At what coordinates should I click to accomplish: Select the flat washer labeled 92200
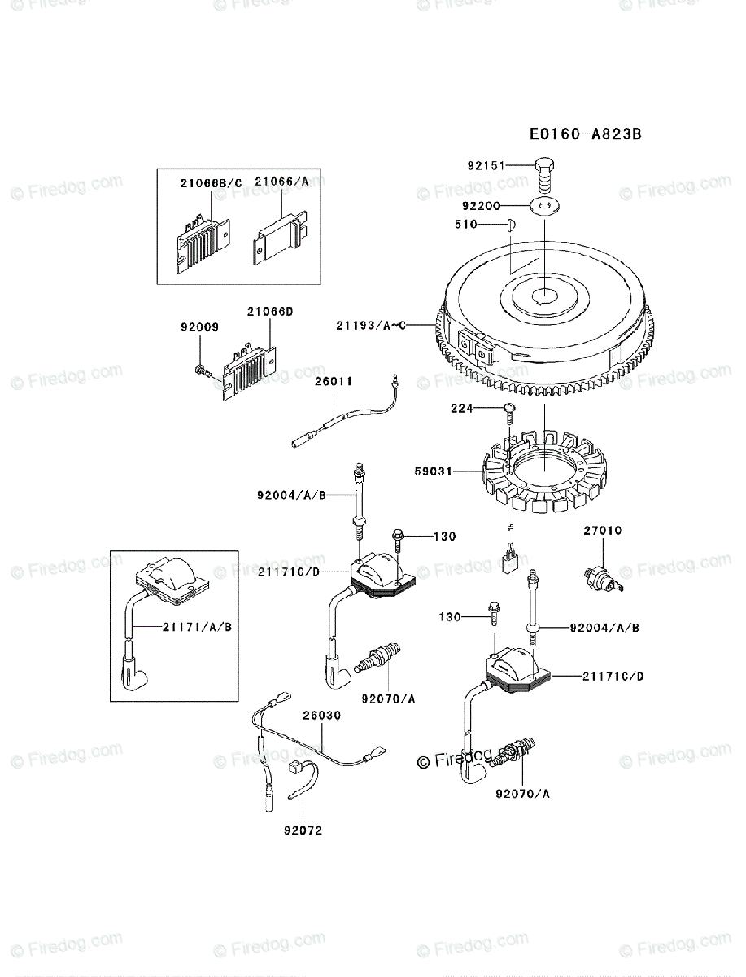(546, 206)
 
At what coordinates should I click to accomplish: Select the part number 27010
(602, 531)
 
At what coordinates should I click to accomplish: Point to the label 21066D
(269, 312)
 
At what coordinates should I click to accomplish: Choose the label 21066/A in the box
(281, 182)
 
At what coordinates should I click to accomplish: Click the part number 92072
(303, 831)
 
